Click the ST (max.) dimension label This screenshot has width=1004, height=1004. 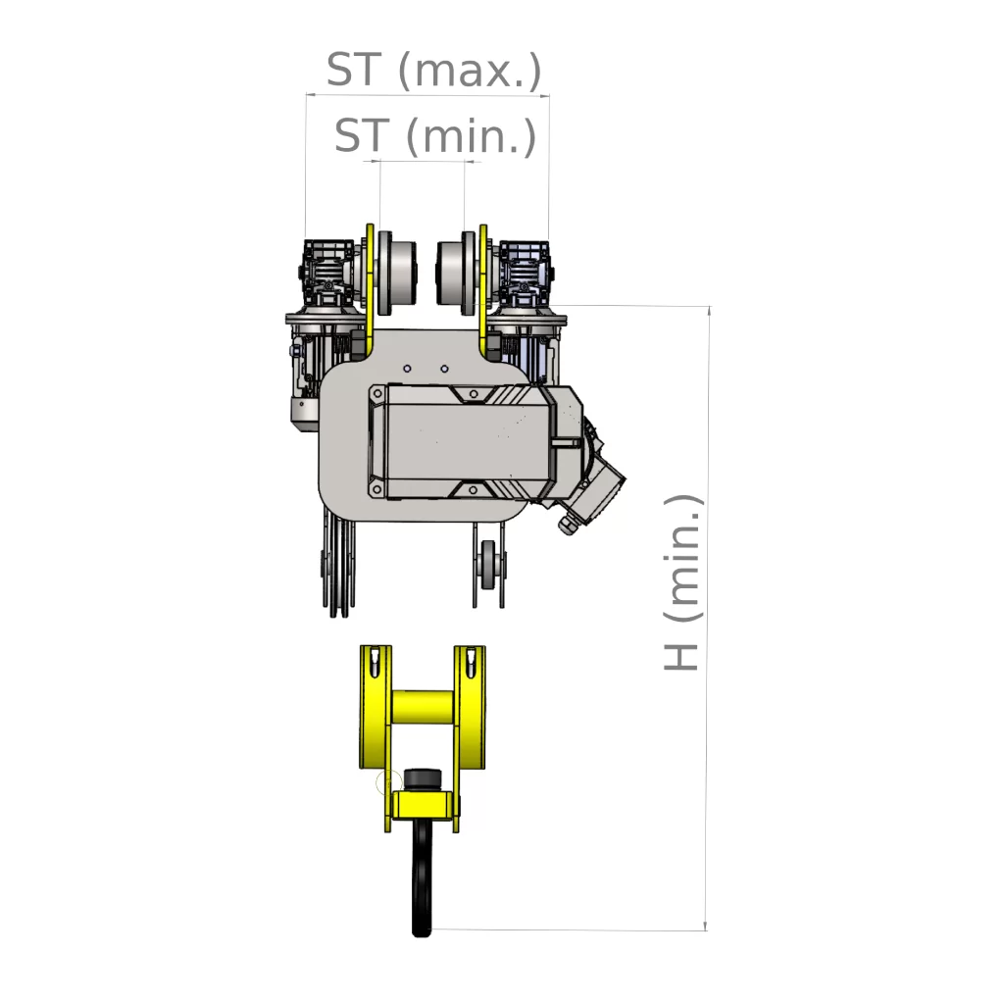[x=434, y=70]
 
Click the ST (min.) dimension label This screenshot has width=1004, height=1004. [x=435, y=135]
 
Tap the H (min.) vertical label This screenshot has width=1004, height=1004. [x=681, y=582]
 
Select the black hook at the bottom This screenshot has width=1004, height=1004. [x=422, y=878]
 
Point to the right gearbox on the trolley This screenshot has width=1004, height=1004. [x=525, y=274]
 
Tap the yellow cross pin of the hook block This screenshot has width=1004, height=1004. [x=423, y=705]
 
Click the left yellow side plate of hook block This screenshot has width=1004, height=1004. [x=376, y=707]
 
